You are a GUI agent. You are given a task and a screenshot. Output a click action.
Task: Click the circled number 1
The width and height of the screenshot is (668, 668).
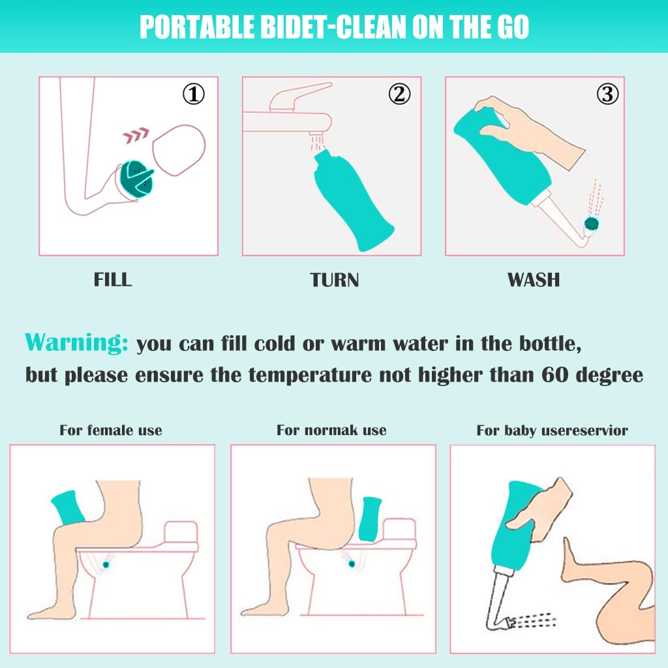193,95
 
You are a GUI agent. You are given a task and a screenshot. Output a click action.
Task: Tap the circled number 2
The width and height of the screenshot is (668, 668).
399,95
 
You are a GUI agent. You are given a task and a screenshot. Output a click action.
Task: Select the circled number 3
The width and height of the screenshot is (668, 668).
607,95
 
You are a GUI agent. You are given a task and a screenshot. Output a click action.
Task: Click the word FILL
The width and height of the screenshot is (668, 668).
113,280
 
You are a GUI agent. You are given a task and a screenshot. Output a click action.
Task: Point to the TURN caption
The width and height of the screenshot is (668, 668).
335,280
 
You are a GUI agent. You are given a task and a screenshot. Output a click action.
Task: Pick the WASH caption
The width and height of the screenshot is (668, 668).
534,280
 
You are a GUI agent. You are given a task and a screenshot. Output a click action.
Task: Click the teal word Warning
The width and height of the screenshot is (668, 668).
76,343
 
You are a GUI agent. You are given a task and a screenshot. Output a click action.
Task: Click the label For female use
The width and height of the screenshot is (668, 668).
111,431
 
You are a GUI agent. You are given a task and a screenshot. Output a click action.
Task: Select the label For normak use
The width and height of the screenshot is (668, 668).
331,431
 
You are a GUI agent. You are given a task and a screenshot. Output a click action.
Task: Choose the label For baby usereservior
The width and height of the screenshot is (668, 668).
552,431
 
